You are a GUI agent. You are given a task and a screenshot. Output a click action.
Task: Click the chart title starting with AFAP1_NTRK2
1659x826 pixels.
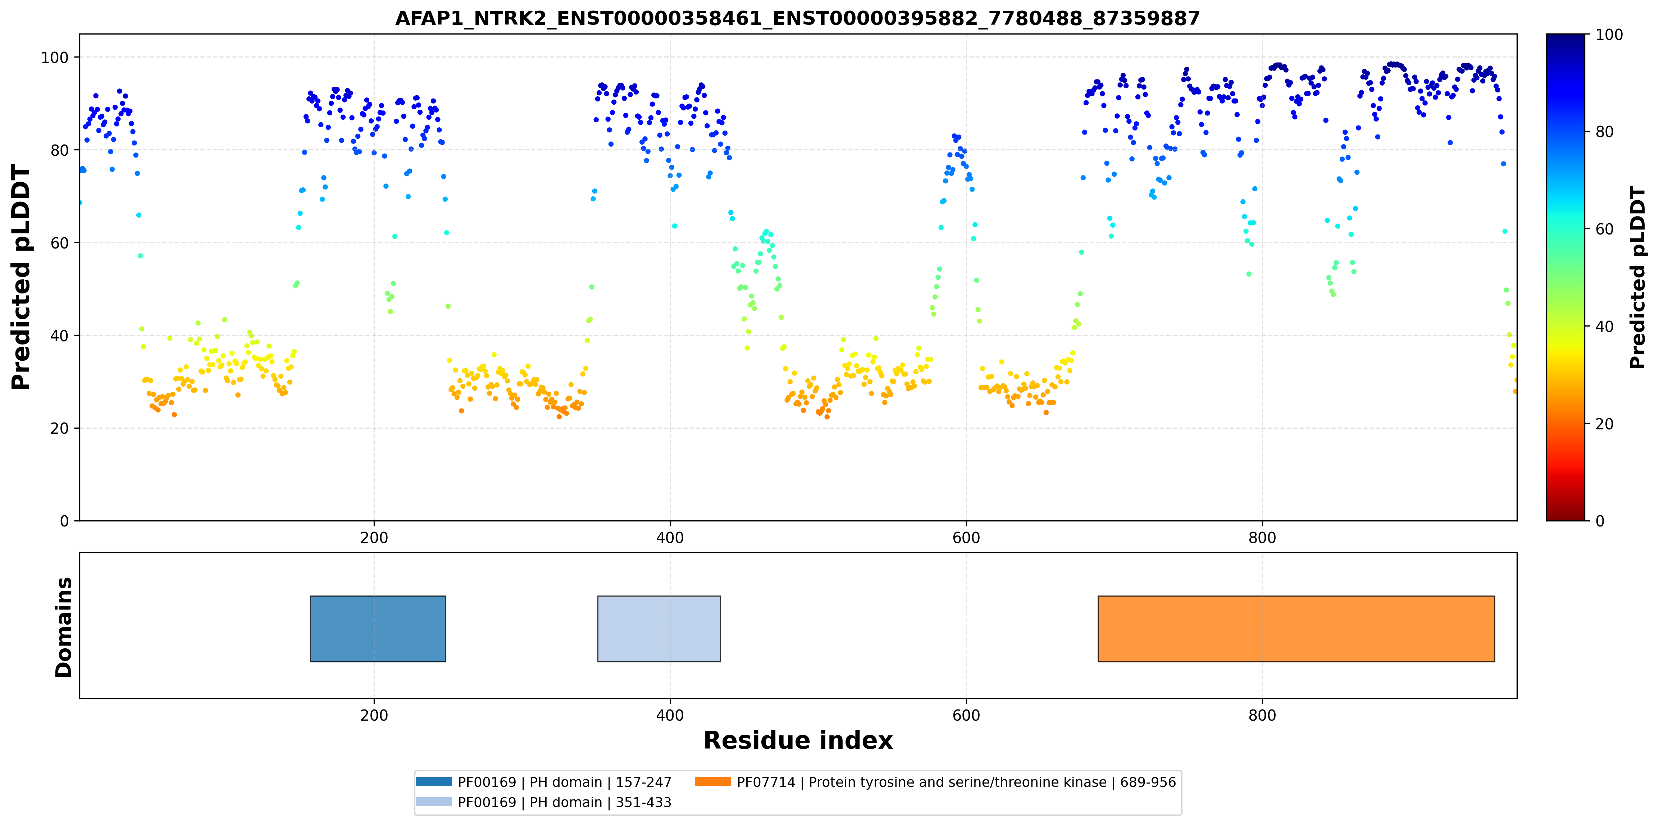pos(797,18)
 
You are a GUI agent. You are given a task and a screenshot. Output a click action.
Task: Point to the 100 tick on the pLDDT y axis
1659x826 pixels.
pos(55,57)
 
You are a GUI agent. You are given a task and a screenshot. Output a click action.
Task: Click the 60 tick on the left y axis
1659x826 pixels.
pos(59,243)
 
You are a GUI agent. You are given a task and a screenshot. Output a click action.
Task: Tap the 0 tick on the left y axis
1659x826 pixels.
pos(64,521)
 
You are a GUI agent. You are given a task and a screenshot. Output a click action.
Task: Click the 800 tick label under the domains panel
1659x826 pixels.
pos(1262,715)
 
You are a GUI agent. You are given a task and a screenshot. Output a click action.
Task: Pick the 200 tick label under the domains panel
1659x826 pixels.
pos(374,715)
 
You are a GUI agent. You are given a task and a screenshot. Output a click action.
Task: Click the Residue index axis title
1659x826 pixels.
pos(798,740)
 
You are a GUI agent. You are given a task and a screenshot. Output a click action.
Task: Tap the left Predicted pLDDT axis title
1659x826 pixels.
pos(20,278)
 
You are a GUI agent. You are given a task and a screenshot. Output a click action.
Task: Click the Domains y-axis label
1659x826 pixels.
pos(64,627)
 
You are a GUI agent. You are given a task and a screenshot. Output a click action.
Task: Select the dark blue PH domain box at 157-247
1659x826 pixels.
pos(378,629)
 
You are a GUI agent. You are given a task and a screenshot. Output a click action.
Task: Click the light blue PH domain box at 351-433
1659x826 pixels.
pos(659,629)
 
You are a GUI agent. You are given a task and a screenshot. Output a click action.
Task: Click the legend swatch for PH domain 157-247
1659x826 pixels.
pos(433,781)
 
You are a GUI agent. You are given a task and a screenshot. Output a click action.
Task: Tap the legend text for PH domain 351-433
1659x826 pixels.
pos(564,802)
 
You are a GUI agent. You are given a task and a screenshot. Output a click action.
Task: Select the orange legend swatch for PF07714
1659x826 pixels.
pos(713,781)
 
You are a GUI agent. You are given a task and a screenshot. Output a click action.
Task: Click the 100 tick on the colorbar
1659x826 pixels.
pos(1609,34)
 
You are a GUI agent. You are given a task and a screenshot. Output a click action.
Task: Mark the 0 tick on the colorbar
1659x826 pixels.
pos(1600,521)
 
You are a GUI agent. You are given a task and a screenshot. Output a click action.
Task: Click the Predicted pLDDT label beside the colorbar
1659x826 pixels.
pos(1637,278)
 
